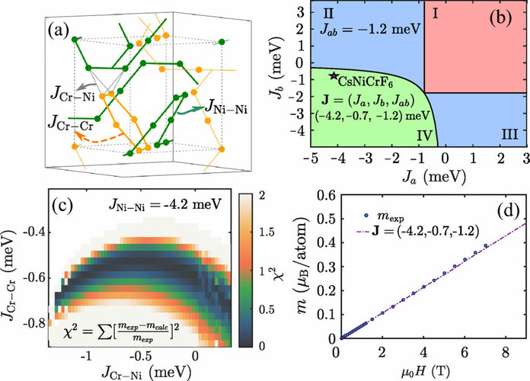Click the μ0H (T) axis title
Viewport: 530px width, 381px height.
pyautogui.click(x=430, y=370)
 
